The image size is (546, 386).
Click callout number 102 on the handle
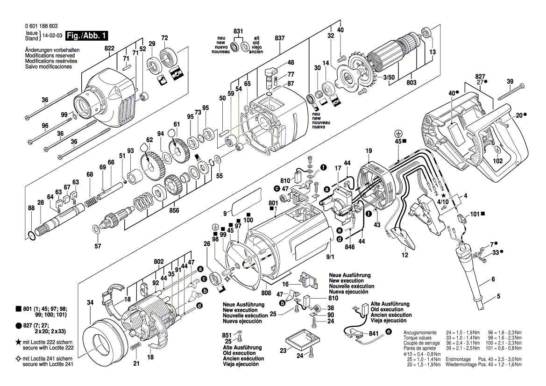pyautogui.click(x=498, y=161)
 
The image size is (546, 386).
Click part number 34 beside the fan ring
pyautogui.click(x=91, y=302)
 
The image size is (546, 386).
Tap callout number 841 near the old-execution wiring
pyautogui.click(x=374, y=334)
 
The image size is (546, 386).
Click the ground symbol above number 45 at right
pyautogui.click(x=397, y=133)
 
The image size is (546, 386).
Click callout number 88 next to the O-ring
pyautogui.click(x=31, y=208)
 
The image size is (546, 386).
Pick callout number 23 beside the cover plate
pyautogui.click(x=283, y=350)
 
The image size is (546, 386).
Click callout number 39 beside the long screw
pyautogui.click(x=510, y=81)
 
